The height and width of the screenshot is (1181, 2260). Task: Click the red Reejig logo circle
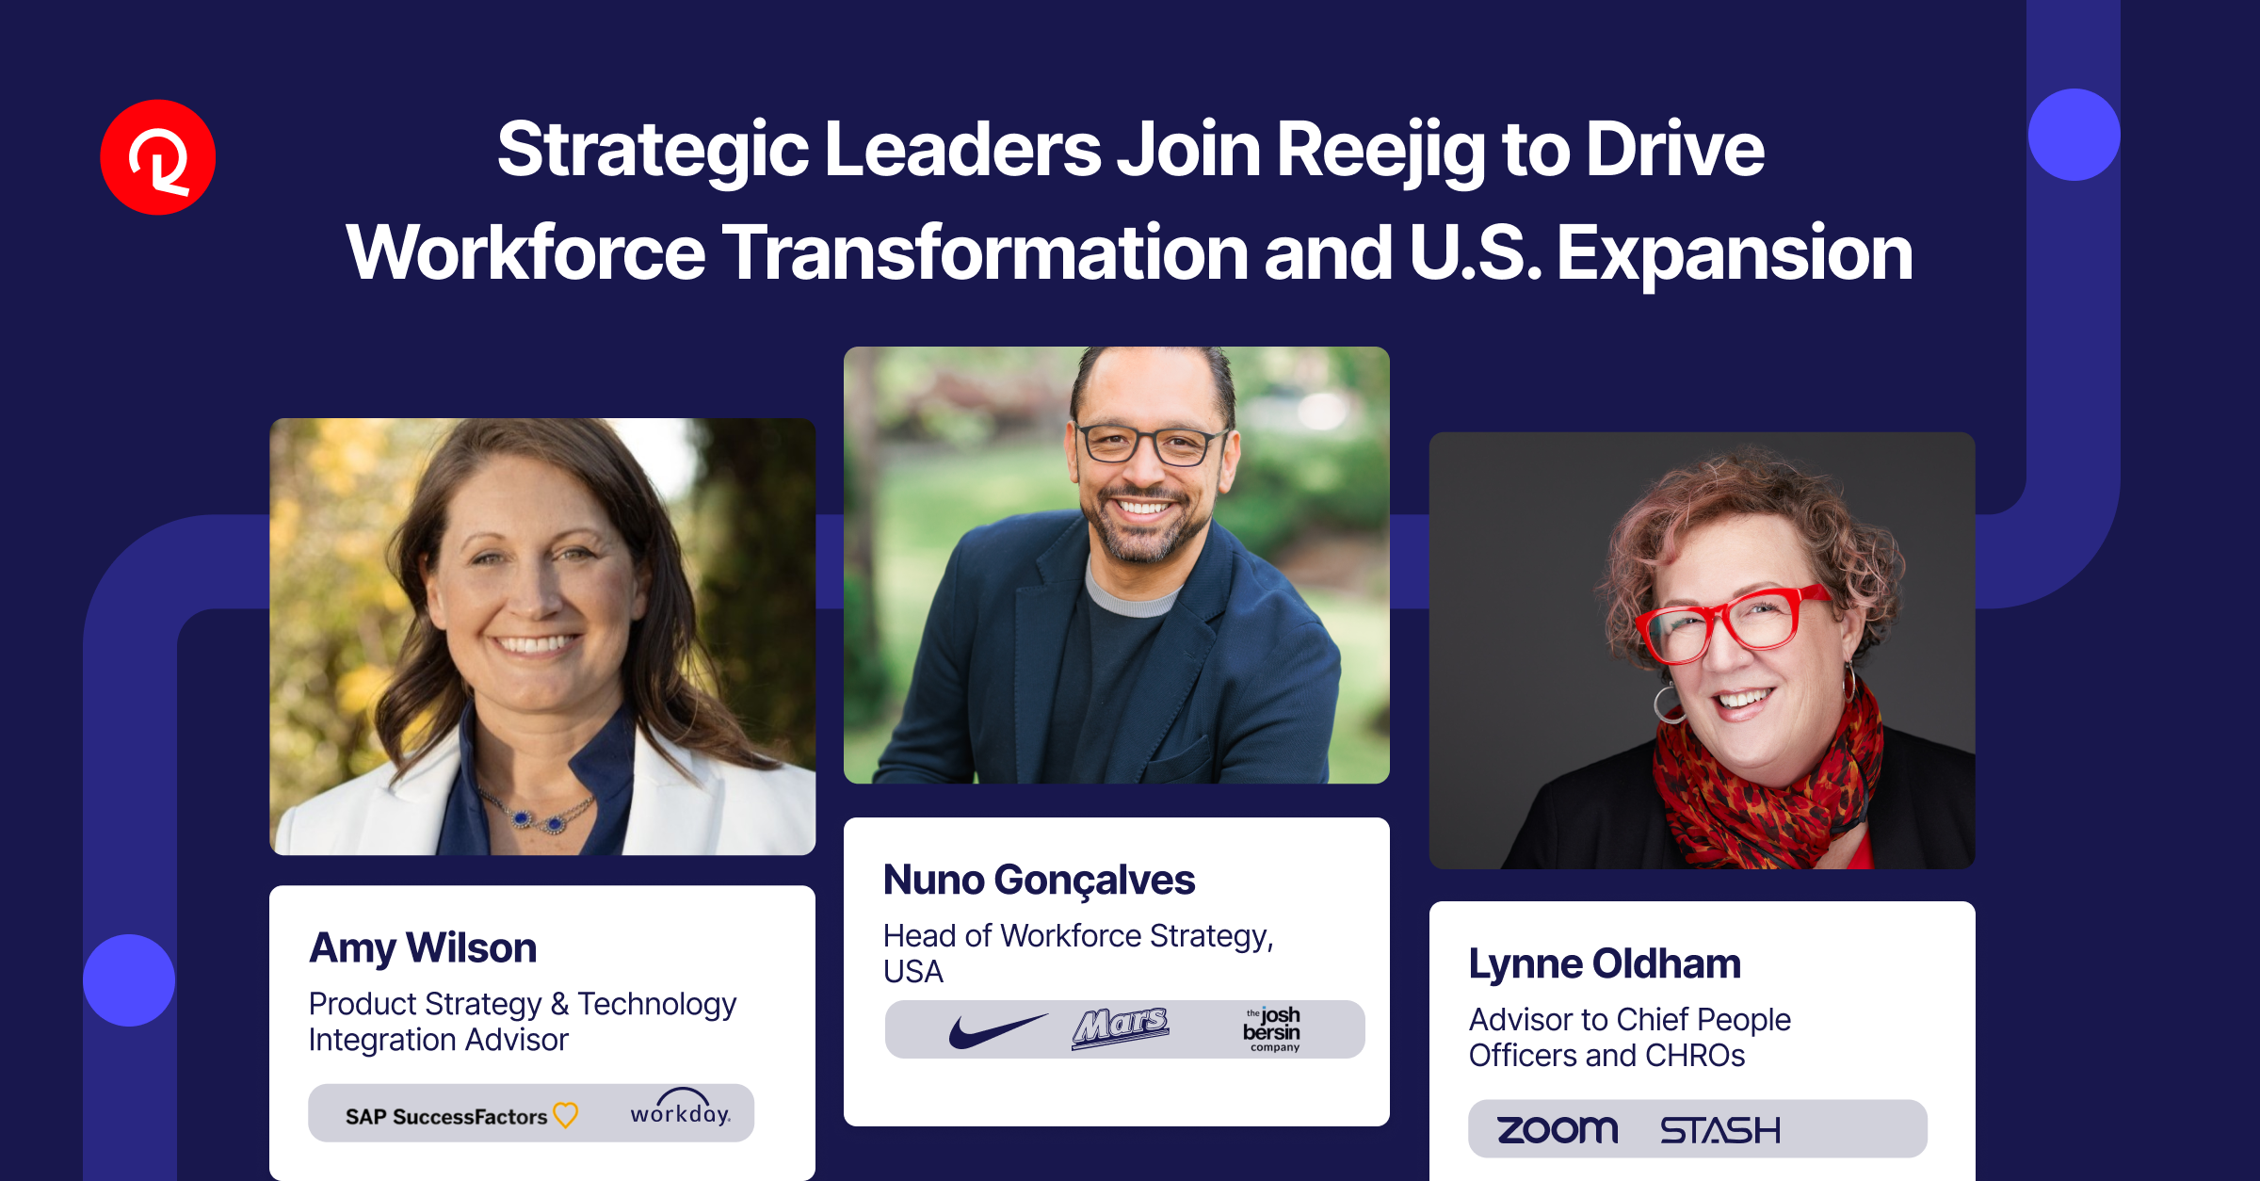(x=158, y=157)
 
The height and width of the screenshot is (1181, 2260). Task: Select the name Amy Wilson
(x=423, y=947)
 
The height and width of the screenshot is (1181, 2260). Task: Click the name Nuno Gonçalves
(x=1039, y=880)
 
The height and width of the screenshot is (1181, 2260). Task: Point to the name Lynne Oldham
(x=1605, y=963)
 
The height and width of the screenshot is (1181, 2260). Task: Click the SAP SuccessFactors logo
(x=460, y=1116)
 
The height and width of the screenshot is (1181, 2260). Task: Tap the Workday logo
(x=680, y=1111)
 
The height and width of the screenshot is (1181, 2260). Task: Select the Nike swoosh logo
(x=996, y=1030)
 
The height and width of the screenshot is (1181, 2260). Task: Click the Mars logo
(x=1120, y=1028)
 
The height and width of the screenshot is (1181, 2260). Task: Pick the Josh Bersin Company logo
(x=1272, y=1029)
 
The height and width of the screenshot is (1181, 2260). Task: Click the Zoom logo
(x=1558, y=1129)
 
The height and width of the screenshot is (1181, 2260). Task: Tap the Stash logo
(x=1719, y=1130)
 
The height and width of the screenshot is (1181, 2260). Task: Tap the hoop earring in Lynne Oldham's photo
(x=1669, y=705)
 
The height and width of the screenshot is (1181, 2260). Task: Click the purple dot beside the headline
(x=2074, y=135)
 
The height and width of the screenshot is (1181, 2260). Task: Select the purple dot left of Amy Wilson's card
(x=129, y=979)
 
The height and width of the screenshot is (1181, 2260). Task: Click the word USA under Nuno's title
(x=912, y=972)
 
